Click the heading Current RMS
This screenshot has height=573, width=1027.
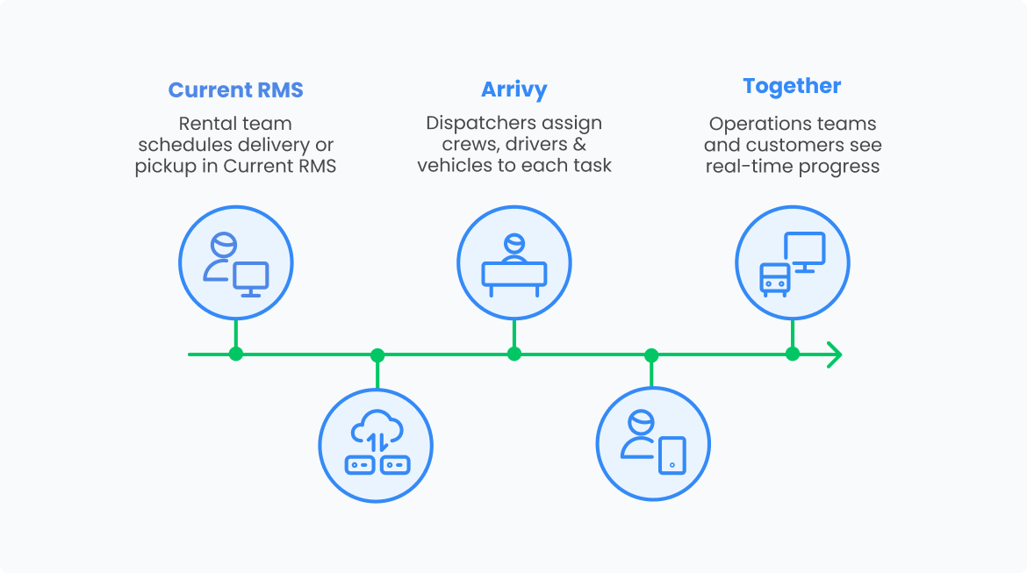click(235, 90)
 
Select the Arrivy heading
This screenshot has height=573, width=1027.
click(513, 90)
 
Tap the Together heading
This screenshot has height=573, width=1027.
click(792, 86)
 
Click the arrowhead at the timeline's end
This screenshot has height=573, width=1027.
click(834, 355)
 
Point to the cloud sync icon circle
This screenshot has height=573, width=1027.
click(376, 445)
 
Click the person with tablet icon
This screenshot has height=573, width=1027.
click(653, 442)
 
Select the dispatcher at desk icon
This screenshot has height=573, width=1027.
click(514, 264)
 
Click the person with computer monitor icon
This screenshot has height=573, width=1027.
click(235, 264)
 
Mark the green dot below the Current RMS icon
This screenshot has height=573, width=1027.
click(235, 355)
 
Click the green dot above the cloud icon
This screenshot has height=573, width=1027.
click(377, 355)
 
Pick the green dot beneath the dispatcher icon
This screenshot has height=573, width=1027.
click(514, 355)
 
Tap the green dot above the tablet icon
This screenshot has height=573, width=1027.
click(651, 355)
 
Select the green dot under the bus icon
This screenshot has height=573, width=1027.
click(793, 355)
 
